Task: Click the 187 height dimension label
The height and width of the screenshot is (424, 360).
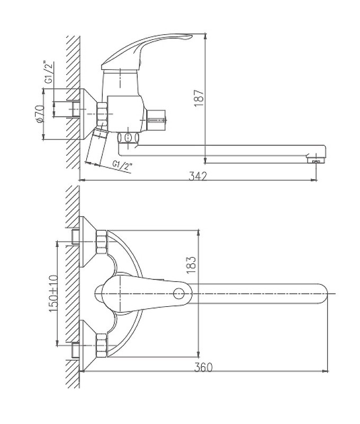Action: coord(199,98)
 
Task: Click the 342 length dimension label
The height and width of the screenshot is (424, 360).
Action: coord(197,176)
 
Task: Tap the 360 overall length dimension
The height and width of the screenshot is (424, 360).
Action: coord(203,367)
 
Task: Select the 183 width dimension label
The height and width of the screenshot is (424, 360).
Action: coord(192,266)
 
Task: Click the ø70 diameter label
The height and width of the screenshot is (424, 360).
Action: coord(39,113)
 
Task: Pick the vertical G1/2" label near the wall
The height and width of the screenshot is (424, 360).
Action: coord(49,73)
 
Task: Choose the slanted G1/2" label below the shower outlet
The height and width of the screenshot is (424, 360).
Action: coord(122,165)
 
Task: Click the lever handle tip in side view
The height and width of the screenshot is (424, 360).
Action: coord(188,37)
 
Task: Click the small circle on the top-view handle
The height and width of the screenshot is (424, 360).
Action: coord(178,294)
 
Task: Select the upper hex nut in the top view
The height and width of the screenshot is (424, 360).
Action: coord(102,242)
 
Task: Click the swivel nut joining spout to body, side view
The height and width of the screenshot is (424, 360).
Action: coord(128,138)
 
